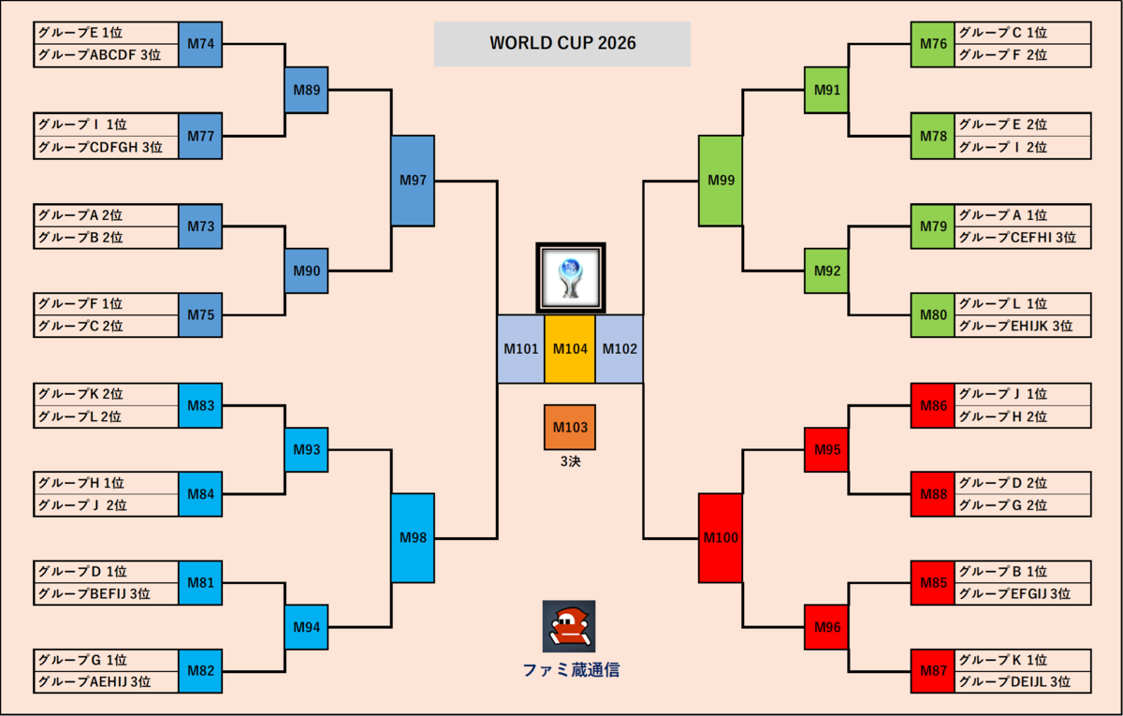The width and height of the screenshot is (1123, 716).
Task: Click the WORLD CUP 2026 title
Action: (562, 43)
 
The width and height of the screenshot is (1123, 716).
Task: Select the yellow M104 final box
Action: (570, 349)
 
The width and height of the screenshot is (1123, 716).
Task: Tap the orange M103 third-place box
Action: (570, 427)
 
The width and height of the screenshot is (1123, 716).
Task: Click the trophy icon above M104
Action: (571, 278)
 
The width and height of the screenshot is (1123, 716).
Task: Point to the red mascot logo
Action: (569, 626)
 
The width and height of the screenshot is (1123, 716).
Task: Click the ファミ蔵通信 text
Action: (571, 670)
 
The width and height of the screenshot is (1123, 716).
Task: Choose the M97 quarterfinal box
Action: (413, 181)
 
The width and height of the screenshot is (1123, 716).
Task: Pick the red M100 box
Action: (721, 538)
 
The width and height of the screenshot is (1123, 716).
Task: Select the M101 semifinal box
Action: (521, 349)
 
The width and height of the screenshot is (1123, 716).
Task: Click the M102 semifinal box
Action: (620, 349)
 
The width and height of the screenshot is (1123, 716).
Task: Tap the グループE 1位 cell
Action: (107, 33)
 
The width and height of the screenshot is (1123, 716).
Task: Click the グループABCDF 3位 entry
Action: (107, 55)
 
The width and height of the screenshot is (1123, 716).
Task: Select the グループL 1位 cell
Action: (1022, 304)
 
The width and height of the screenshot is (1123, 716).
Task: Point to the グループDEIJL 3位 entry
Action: (1022, 682)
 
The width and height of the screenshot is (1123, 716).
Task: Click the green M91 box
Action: (826, 90)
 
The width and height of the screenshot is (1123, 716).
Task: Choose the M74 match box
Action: (200, 44)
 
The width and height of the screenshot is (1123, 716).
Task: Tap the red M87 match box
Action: (933, 671)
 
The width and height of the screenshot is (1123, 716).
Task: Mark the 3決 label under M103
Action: (571, 461)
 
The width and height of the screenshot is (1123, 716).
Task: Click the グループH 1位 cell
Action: (107, 483)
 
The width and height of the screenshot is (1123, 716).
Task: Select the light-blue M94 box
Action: (306, 627)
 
